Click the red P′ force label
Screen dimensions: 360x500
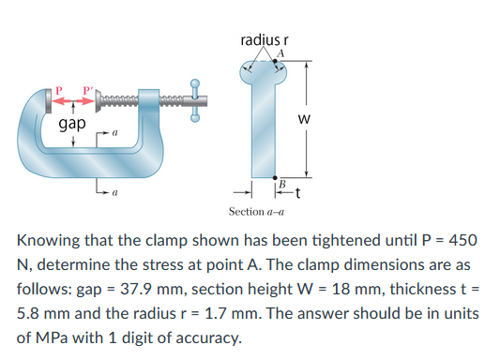(88, 91)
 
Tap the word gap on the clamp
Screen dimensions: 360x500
(72, 123)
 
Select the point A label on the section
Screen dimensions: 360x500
(279, 54)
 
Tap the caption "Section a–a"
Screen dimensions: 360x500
(257, 212)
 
